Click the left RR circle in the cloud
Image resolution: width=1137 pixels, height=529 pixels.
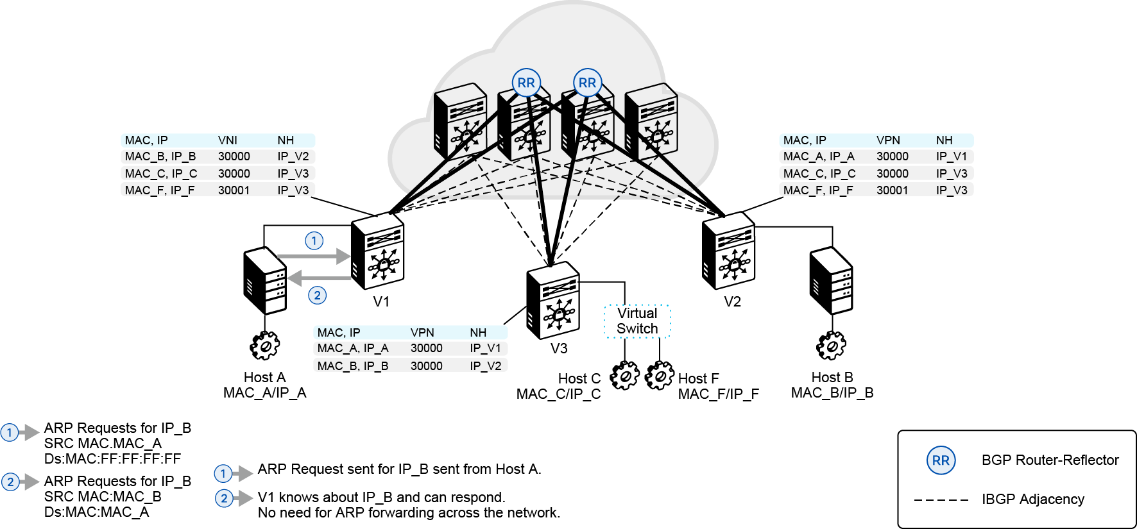click(526, 83)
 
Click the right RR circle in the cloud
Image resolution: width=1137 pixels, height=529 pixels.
click(587, 83)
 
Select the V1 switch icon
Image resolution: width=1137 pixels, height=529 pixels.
click(377, 251)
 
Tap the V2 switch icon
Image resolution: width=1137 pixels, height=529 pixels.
click(728, 251)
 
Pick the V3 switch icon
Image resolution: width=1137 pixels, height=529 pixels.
click(553, 300)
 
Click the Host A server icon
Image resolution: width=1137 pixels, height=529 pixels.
click(265, 281)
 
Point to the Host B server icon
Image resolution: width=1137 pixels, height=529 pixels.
click(831, 281)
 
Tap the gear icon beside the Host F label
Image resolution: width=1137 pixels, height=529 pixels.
click(660, 375)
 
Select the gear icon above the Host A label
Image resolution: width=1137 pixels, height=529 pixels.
click(265, 346)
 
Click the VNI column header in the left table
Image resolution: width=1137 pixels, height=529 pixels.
click(228, 140)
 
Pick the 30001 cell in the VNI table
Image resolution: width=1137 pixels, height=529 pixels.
click(234, 190)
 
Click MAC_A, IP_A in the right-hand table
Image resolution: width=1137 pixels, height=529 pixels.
click(819, 156)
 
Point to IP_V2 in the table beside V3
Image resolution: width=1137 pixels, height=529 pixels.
click(486, 366)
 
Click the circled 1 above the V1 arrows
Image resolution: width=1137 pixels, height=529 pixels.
click(314, 240)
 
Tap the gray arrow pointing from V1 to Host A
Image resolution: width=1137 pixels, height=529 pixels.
click(320, 278)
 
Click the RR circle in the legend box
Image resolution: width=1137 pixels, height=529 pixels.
click(941, 460)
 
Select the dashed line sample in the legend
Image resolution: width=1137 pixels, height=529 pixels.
click(941, 500)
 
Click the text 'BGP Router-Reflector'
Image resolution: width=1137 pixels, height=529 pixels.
click(1050, 460)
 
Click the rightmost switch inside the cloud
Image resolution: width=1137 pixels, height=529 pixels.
click(651, 121)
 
